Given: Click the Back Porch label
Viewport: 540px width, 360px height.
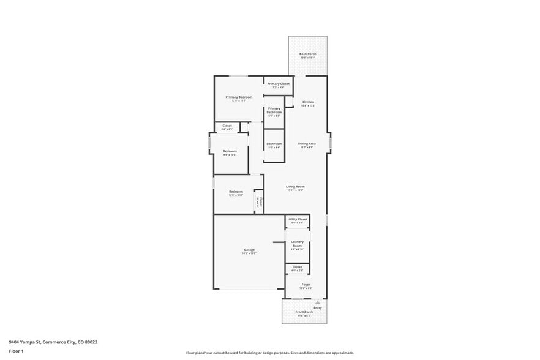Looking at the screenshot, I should coord(307,54).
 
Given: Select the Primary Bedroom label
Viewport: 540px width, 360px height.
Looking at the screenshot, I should coord(239,97).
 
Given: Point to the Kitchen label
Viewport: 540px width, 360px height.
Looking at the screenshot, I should coord(308,102).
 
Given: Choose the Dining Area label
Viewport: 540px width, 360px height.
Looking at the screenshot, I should coord(307,144).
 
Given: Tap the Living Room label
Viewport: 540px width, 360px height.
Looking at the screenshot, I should coord(296,187).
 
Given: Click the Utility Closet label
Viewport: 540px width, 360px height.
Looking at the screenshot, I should coord(297,219).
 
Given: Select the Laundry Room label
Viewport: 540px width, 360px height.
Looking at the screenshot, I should coord(297,244).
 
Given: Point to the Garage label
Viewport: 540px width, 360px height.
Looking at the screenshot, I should coord(249,250).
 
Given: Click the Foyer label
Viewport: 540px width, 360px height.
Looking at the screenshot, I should coord(306,285).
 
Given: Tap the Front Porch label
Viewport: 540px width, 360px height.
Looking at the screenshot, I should coord(304,312).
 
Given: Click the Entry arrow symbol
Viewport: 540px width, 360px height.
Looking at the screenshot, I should coord(318,302).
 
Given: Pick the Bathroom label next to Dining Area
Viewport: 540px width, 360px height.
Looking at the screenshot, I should coord(274,144).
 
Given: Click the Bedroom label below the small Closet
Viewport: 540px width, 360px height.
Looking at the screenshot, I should coord(230,151).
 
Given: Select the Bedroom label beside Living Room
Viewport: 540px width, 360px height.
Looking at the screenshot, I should coord(236,192).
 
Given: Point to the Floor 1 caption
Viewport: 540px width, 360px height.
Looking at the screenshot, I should coord(16,351).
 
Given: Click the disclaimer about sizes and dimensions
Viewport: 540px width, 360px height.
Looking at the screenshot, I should coord(269,353).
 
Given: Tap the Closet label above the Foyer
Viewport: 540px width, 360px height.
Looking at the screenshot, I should coord(297,268).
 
